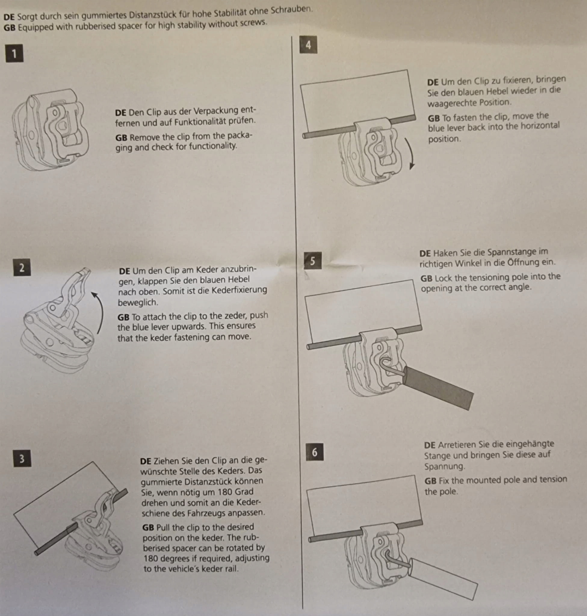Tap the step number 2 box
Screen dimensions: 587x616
(x=22, y=268)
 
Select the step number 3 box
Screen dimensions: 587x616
(x=22, y=458)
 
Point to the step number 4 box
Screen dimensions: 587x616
(x=308, y=45)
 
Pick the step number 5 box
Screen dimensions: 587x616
(x=313, y=261)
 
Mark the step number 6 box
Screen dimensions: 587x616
(x=314, y=452)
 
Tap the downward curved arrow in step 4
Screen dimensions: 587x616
(x=410, y=153)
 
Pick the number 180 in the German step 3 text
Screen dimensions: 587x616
(x=214, y=492)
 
